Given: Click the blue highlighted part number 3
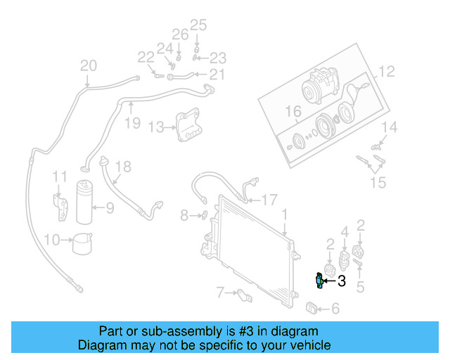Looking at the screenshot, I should [320, 281].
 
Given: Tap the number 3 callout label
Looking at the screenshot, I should [342, 282].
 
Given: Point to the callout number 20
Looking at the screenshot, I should [88, 67].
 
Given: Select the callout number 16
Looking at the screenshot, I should [292, 112].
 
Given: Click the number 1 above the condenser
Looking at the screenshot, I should [285, 213].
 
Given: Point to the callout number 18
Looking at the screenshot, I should [123, 167].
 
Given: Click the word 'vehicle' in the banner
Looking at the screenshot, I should [311, 345].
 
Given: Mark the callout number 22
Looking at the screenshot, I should [146, 57].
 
